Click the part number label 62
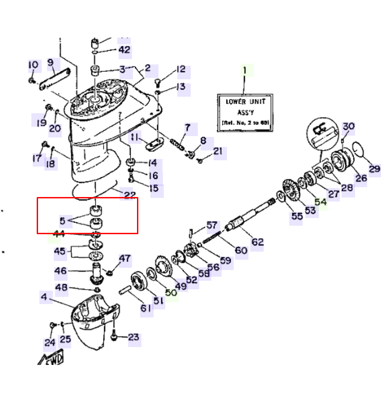click(x=257, y=242)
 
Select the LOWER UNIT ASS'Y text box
click(x=245, y=112)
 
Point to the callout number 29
click(x=374, y=169)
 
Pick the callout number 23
click(x=133, y=337)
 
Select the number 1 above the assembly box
click(x=245, y=70)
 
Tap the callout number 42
click(x=124, y=50)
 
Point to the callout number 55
click(x=297, y=216)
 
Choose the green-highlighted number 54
click(x=321, y=201)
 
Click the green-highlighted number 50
click(x=171, y=293)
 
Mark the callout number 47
click(x=124, y=259)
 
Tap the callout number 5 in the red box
click(x=63, y=220)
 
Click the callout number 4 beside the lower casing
click(x=43, y=297)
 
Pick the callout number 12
click(x=180, y=69)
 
